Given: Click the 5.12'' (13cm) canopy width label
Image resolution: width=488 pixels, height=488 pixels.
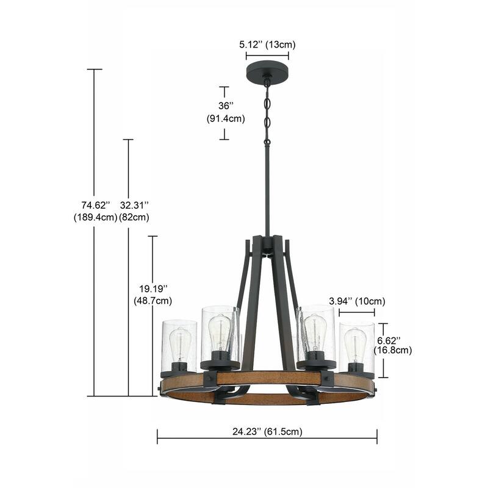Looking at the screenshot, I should (267, 45).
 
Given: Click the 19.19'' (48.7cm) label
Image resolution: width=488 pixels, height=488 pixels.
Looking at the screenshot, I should (152, 293).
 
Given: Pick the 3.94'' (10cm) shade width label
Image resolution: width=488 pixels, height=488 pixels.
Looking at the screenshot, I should (357, 301).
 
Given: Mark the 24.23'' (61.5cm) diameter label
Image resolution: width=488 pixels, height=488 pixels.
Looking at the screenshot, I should (267, 431).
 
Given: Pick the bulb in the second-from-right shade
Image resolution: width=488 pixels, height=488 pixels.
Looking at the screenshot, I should (314, 332).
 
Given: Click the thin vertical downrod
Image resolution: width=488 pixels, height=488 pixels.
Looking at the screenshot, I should (267, 189).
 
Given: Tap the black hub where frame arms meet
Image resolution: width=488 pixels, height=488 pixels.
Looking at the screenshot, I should (267, 245).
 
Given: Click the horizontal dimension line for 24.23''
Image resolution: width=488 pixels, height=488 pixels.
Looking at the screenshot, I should (267, 436).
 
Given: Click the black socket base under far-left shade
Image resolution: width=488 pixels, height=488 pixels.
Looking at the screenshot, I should (178, 368).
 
